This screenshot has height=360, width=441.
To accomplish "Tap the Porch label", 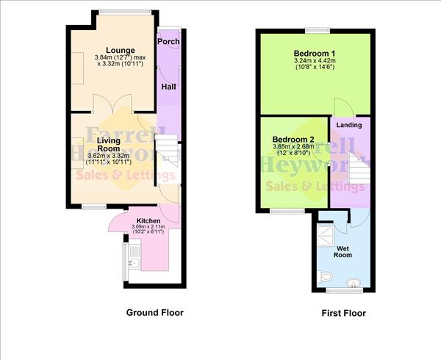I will click(x=171, y=41).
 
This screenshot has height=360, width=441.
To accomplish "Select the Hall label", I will click(x=168, y=87).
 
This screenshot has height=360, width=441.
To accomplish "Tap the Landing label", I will click(x=348, y=125).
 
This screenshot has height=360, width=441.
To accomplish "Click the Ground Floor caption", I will click(x=154, y=312).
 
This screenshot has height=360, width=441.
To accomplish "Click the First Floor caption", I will click(x=343, y=314).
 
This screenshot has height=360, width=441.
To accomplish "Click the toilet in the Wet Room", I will click(x=328, y=276).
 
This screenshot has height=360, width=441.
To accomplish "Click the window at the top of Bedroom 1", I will click(x=318, y=29).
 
